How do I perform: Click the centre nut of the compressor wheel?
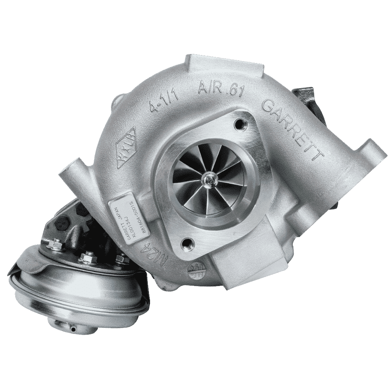coord(208,177)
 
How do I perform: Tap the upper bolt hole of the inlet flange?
coord(239,122)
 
